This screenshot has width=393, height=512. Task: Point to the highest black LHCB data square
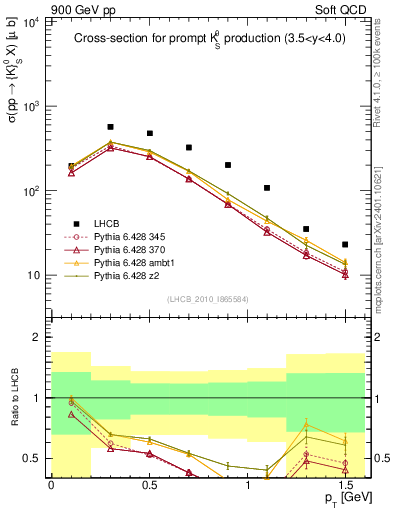(x=110, y=127)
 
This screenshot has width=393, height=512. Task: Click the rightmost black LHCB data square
(x=345, y=244)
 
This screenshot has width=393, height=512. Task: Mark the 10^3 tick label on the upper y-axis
(x=30, y=106)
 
